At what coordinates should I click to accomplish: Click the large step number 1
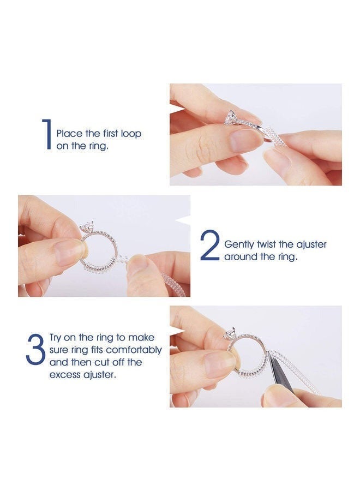point(47,134)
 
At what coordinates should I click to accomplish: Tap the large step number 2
point(211,245)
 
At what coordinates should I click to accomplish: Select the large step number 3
point(35,350)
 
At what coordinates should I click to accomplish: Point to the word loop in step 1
point(131,134)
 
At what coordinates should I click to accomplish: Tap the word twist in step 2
point(267,244)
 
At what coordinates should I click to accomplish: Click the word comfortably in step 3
point(135,350)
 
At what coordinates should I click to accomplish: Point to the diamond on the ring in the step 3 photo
point(230,333)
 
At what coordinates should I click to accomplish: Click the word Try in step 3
point(56,338)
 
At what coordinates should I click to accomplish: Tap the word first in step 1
point(110,134)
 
